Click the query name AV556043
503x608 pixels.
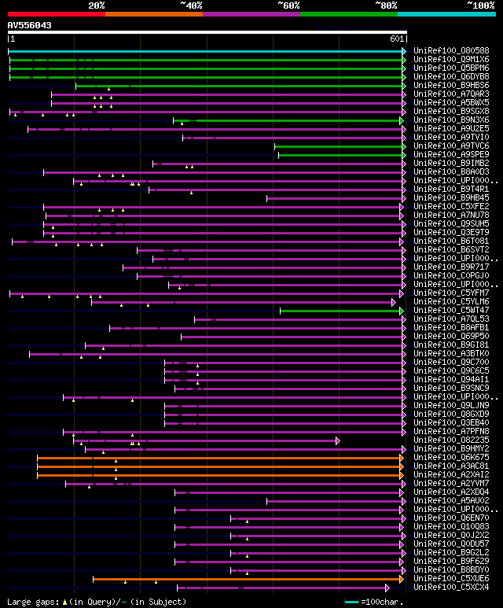(x=30, y=25)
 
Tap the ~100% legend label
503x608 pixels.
(x=479, y=6)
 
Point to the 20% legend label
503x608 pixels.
(x=97, y=6)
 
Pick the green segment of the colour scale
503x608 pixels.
(x=348, y=14)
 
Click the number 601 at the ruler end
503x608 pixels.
(x=396, y=39)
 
